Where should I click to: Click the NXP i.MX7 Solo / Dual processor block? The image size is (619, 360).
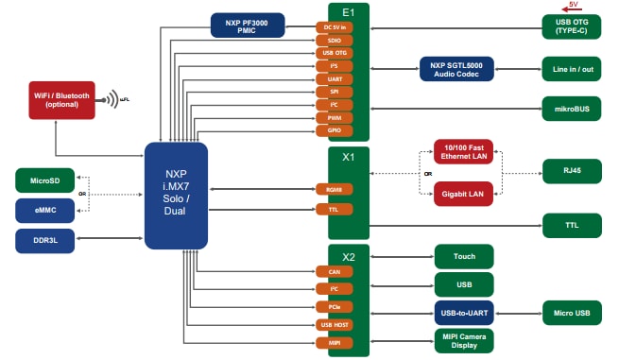pos(176,196)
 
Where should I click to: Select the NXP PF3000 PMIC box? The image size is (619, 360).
pos(248,25)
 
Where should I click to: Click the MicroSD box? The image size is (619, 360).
pos(44,180)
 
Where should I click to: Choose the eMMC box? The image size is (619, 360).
pos(44,210)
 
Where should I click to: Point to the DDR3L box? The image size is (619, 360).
pos(44,240)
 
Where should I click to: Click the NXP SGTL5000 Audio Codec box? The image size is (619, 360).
pos(456,69)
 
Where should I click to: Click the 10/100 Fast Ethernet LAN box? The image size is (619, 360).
pos(464,152)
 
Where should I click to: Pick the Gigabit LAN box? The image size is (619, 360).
pos(464,194)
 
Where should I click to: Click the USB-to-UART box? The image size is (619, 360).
pos(463,311)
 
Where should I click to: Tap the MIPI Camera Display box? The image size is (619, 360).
pos(463,340)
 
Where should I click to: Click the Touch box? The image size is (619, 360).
pos(463,256)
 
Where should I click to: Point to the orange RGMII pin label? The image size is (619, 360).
pos(334,189)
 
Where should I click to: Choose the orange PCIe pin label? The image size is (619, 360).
pos(334,307)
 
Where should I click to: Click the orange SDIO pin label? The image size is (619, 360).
pos(334,41)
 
